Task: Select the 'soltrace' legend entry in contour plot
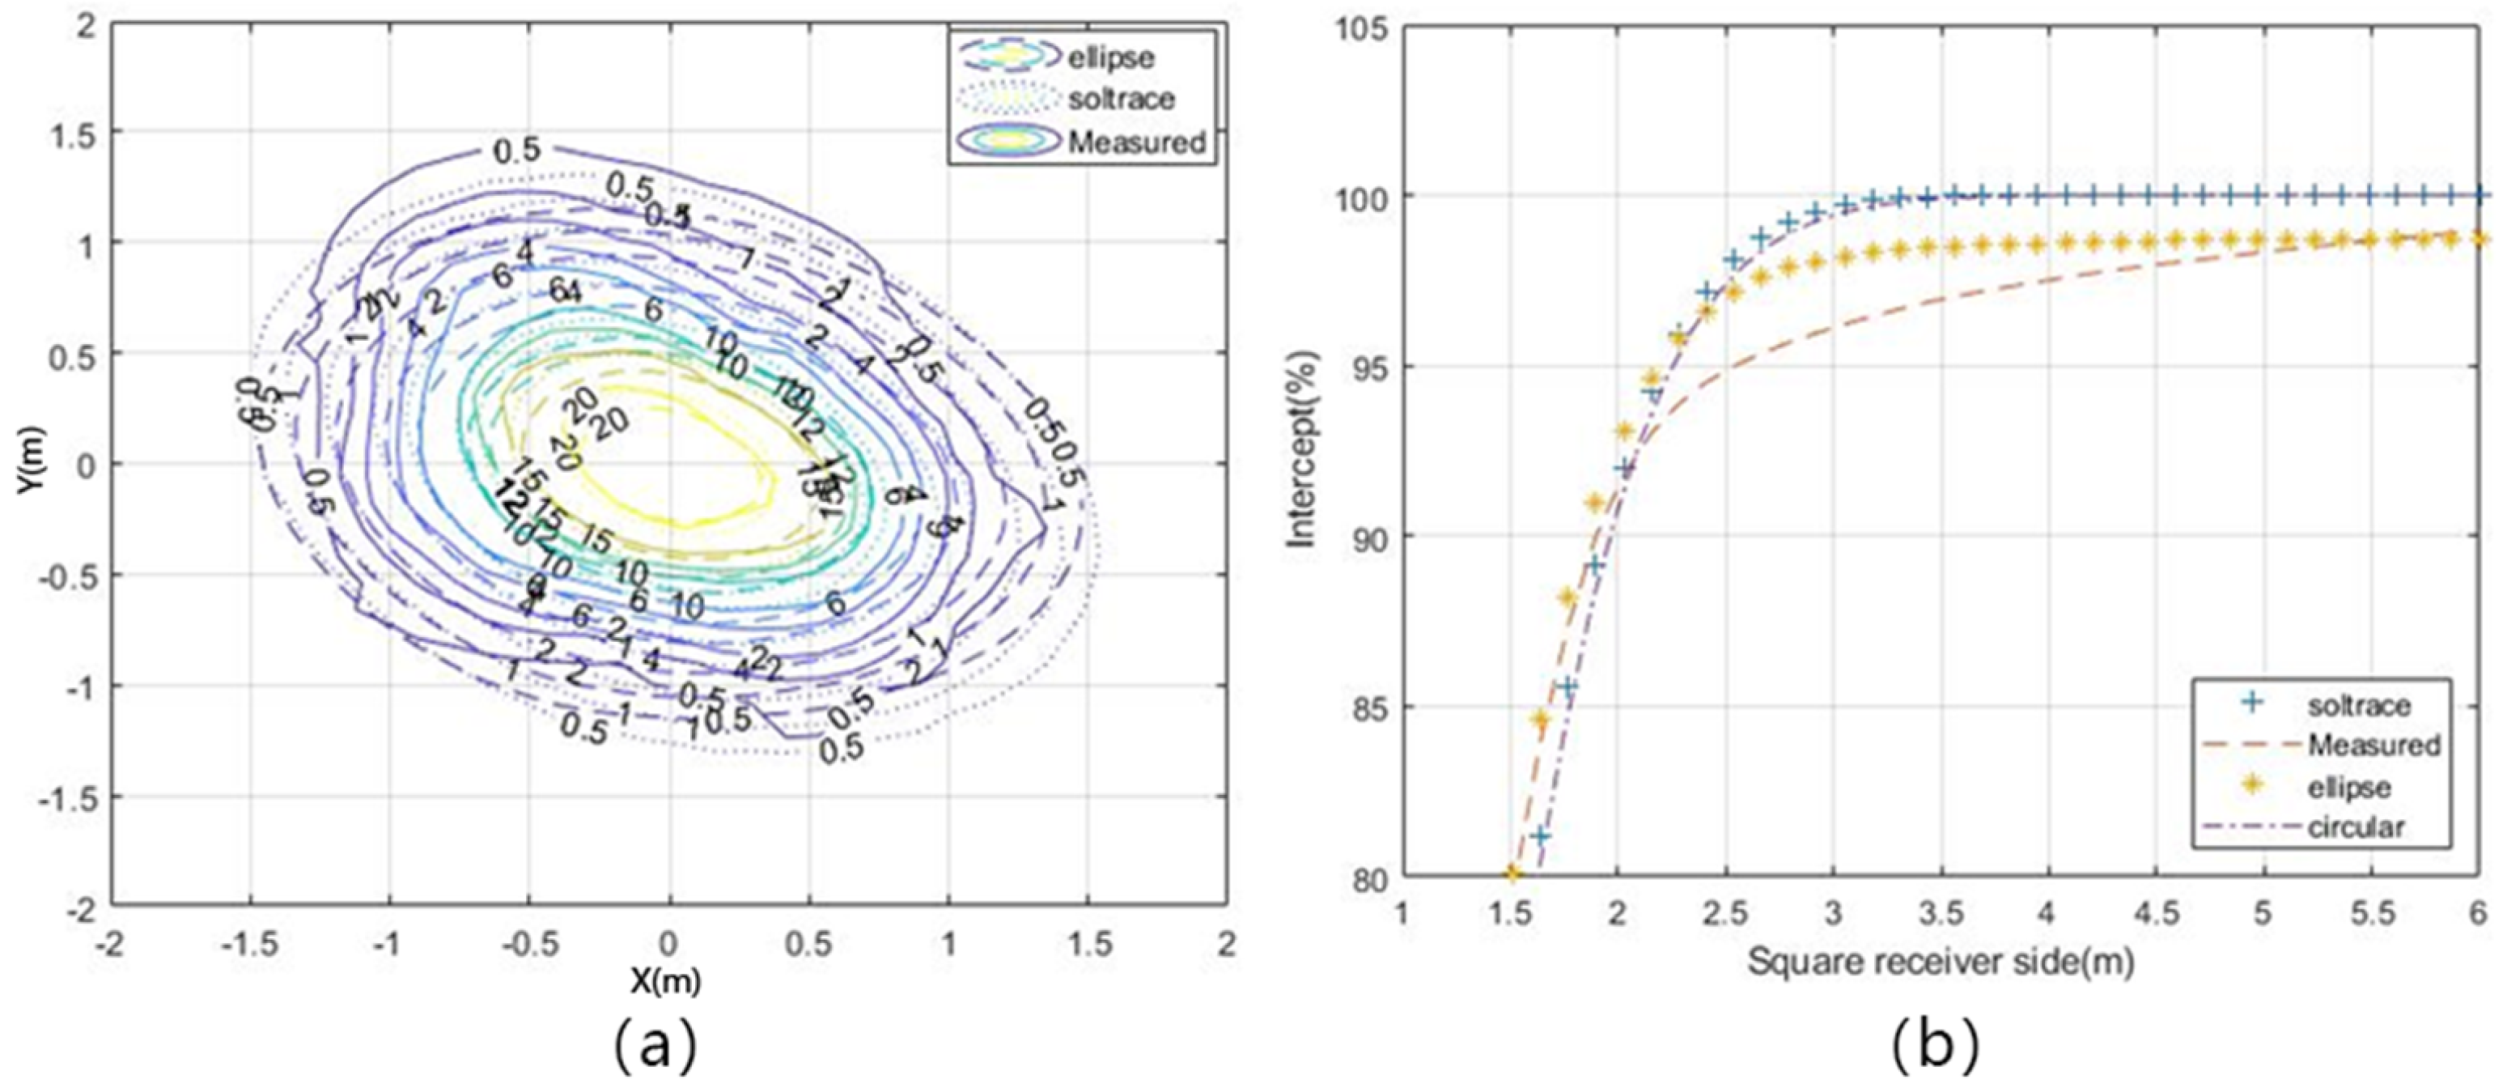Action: coord(1119,100)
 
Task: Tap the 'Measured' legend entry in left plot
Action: coord(1135,142)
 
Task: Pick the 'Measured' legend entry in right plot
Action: coord(2372,746)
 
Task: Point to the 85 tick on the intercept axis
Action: coord(1372,707)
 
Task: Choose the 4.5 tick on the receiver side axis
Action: coord(2155,914)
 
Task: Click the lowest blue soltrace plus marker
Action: coord(1541,835)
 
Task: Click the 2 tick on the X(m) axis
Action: coord(1226,943)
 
